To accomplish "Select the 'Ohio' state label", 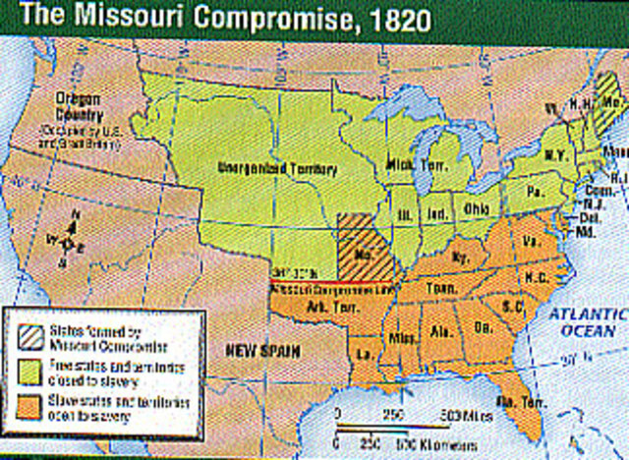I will [x=478, y=208].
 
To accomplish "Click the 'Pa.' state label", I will [x=535, y=190].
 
